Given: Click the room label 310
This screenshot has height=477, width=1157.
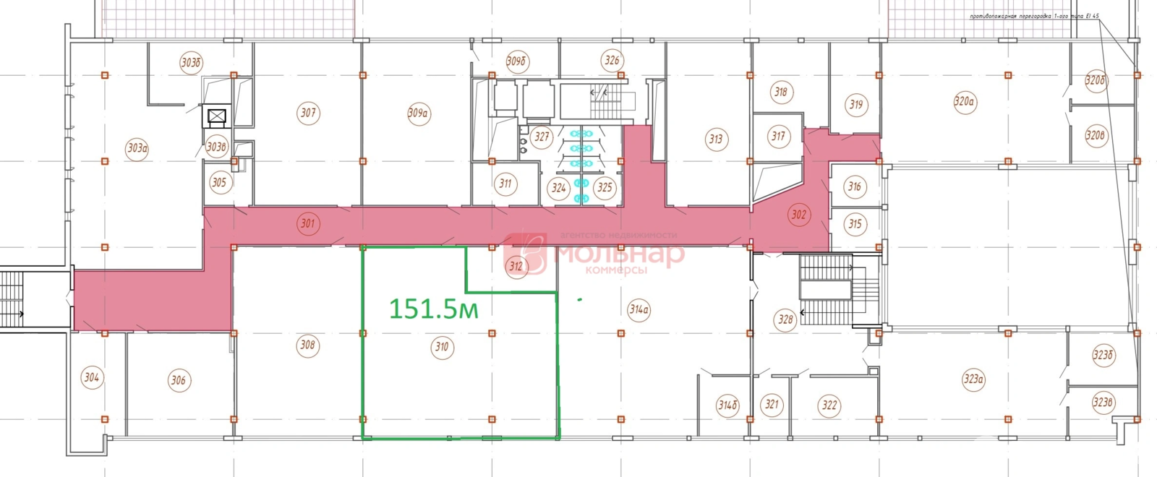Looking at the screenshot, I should pos(442,347).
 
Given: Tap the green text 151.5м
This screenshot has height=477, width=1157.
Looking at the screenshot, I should pos(434,309).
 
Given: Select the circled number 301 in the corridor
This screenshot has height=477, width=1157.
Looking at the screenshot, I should pos(308,223).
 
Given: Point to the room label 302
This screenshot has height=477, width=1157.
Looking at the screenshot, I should pos(798,215).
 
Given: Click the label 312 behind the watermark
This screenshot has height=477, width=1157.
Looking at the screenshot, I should pos(516,266).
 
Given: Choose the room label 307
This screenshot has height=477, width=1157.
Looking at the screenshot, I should pos(309,113).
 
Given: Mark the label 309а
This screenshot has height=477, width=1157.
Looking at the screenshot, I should pos(419,113).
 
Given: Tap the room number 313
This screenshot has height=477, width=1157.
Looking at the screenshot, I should pos(716,139).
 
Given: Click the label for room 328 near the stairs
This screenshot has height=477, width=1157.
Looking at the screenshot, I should pos(785,319).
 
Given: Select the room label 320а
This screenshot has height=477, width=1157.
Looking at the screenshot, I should pos(965,102).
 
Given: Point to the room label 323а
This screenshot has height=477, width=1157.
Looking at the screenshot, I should pos(974,379).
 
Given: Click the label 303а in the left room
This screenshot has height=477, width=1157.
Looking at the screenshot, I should pos(137,149).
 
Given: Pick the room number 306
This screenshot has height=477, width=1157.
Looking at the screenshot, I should pos(179,379).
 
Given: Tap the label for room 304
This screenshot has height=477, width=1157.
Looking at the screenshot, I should pos(92,377).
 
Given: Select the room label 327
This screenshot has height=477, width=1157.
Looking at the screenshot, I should pos(542,136).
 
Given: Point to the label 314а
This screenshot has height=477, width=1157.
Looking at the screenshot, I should pos(639,311).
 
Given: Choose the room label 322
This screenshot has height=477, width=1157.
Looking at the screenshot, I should pos(829,405).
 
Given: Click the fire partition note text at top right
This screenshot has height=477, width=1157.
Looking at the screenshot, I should pos(1034,16).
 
